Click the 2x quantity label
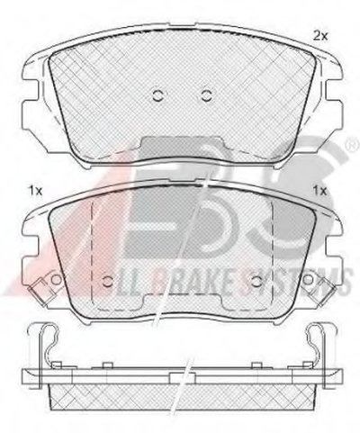coord(320,37)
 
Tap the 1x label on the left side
coord(34,191)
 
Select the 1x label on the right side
coord(319,191)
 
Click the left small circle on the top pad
coord(157,96)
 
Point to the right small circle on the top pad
coord(206,96)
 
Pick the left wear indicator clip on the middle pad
coord(38,293)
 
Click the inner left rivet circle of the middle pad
coord(107,281)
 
